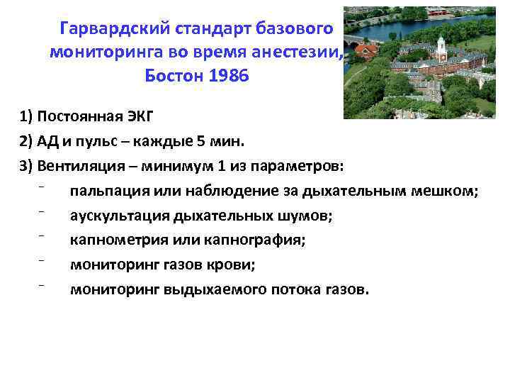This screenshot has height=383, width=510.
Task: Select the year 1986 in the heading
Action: pos(228,75)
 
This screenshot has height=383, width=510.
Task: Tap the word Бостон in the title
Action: pos(174,75)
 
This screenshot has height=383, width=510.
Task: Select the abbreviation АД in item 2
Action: pos(50,141)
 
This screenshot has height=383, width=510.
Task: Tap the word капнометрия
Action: pos(113,240)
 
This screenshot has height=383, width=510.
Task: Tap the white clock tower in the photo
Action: pos(441,48)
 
